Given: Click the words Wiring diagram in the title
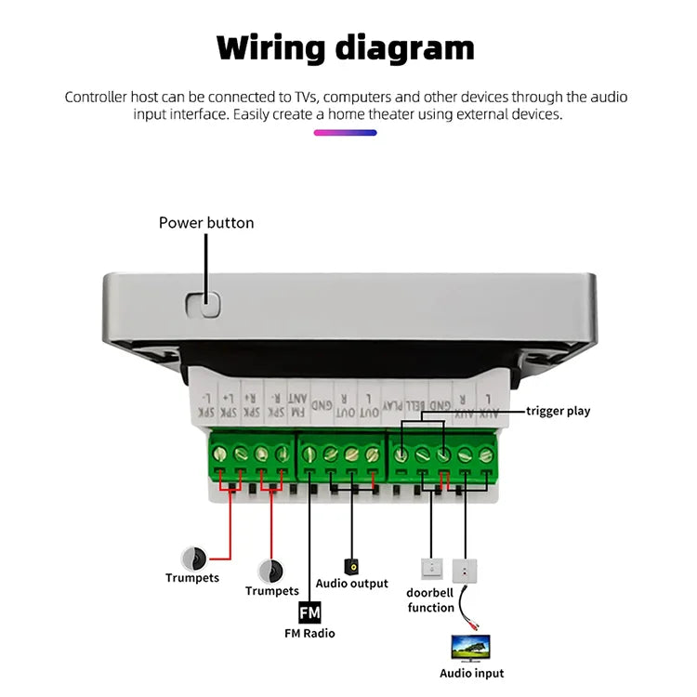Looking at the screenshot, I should [346, 48].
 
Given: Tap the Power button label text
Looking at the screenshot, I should [206, 223].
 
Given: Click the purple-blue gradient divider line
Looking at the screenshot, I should [345, 133].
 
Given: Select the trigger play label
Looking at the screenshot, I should [559, 411].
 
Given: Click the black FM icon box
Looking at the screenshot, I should [309, 613].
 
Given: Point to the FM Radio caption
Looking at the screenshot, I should [309, 634].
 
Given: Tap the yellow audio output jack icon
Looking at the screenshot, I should [352, 565].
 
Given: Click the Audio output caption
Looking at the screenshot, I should [352, 584].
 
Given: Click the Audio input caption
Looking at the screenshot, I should [472, 674].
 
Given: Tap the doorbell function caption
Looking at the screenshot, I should [431, 600].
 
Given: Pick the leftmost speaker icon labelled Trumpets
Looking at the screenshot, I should [194, 558].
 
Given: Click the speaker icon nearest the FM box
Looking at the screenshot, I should [270, 570].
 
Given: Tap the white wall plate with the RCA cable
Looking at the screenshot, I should [464, 569].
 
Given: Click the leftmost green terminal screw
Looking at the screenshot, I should [220, 454].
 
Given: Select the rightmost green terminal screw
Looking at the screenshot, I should [485, 454].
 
